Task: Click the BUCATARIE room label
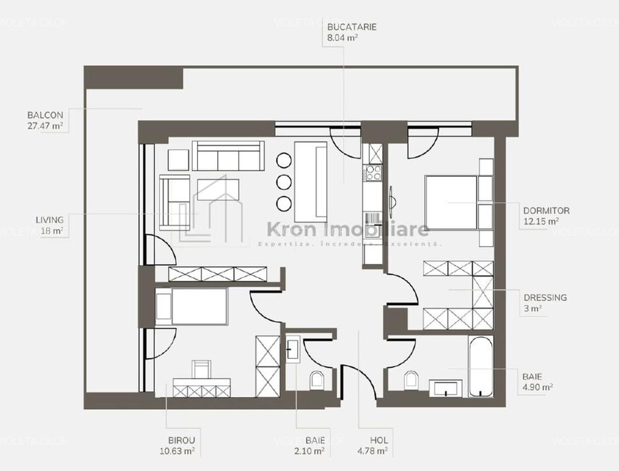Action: click(x=352, y=27)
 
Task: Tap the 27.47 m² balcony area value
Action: click(x=44, y=126)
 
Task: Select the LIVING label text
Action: click(x=49, y=220)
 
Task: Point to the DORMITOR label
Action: click(x=546, y=211)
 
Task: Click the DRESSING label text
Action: click(x=545, y=298)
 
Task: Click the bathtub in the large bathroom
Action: click(x=480, y=366)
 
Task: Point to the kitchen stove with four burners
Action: click(x=374, y=172)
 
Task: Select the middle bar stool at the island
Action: click(x=284, y=182)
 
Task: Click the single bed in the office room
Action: click(x=192, y=306)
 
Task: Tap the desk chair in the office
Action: click(x=202, y=369)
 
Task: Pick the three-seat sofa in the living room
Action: click(x=228, y=156)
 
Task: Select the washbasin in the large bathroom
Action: click(x=446, y=388)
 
